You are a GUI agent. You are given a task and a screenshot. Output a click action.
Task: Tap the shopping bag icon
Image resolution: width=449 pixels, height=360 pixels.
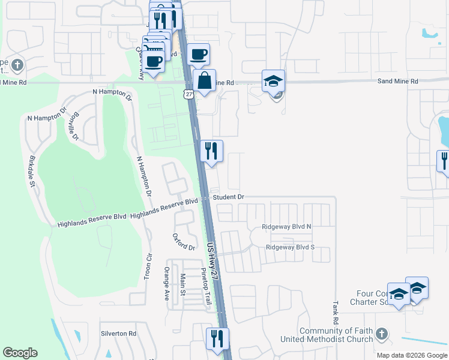204,80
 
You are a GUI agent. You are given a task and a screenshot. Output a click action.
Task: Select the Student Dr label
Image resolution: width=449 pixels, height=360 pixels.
229,197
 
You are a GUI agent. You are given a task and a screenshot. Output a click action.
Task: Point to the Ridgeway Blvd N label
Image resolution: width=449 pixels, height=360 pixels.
287,227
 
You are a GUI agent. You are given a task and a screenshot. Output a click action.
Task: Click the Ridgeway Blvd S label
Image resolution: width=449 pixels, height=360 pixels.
290,247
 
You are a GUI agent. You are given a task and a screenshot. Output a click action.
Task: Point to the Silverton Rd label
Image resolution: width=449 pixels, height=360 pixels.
119,334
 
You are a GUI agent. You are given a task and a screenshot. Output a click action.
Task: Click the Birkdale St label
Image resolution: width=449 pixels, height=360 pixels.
32,173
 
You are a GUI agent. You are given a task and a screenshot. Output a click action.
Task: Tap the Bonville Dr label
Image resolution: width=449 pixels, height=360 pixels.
74,126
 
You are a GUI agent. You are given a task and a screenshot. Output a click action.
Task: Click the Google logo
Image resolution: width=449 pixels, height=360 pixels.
20,353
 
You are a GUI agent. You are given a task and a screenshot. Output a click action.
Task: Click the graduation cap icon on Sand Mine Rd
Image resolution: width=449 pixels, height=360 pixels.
273,80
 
